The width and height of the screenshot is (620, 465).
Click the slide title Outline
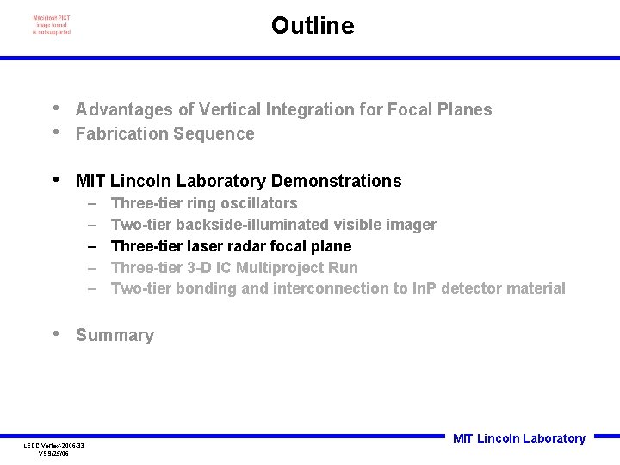312,26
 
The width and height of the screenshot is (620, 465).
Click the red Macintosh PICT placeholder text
52,25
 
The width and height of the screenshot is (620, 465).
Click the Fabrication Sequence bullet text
164,133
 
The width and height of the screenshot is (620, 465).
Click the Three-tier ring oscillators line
204,203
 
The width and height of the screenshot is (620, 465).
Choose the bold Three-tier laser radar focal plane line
231,246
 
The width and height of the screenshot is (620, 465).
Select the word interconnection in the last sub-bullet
331,288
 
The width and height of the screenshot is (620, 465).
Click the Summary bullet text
115,335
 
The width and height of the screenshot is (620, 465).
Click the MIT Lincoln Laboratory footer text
518,438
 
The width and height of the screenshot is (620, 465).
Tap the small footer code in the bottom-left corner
53,449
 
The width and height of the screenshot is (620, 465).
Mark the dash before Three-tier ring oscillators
92,203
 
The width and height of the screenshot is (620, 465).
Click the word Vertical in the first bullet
232,109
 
